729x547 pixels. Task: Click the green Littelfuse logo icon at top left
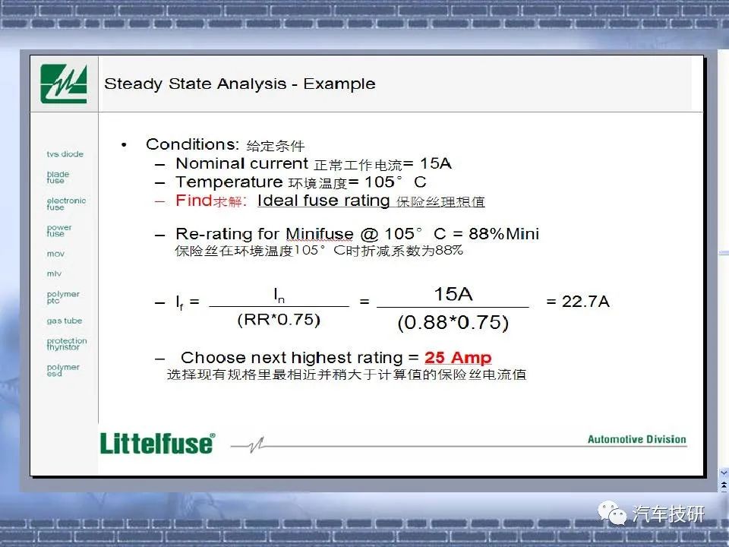64,84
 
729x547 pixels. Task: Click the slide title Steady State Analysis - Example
240,84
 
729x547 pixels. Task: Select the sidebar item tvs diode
65,154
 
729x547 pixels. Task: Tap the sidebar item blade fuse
58,177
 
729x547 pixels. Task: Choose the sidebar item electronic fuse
66,204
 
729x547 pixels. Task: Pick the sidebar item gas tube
64,321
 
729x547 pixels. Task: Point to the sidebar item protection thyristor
67,343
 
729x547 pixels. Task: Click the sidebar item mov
55,254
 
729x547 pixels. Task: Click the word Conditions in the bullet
192,144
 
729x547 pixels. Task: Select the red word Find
194,201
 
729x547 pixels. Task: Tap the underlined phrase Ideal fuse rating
323,201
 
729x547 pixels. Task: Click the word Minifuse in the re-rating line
320,233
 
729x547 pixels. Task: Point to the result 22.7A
585,302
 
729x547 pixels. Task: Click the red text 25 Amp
458,357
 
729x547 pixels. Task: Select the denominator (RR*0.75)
279,320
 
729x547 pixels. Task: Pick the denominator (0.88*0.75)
453,323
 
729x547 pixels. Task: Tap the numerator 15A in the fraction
453,294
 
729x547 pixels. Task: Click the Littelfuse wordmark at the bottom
158,443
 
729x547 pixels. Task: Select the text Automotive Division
637,440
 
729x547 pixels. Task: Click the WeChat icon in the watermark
612,513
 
